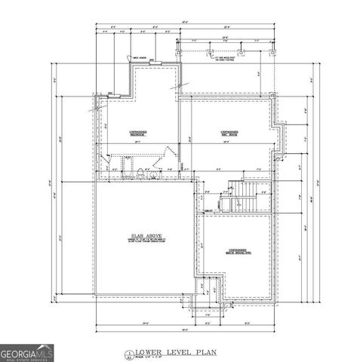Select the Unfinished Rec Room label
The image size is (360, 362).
(x=231, y=133)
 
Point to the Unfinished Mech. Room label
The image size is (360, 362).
(x=237, y=251)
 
